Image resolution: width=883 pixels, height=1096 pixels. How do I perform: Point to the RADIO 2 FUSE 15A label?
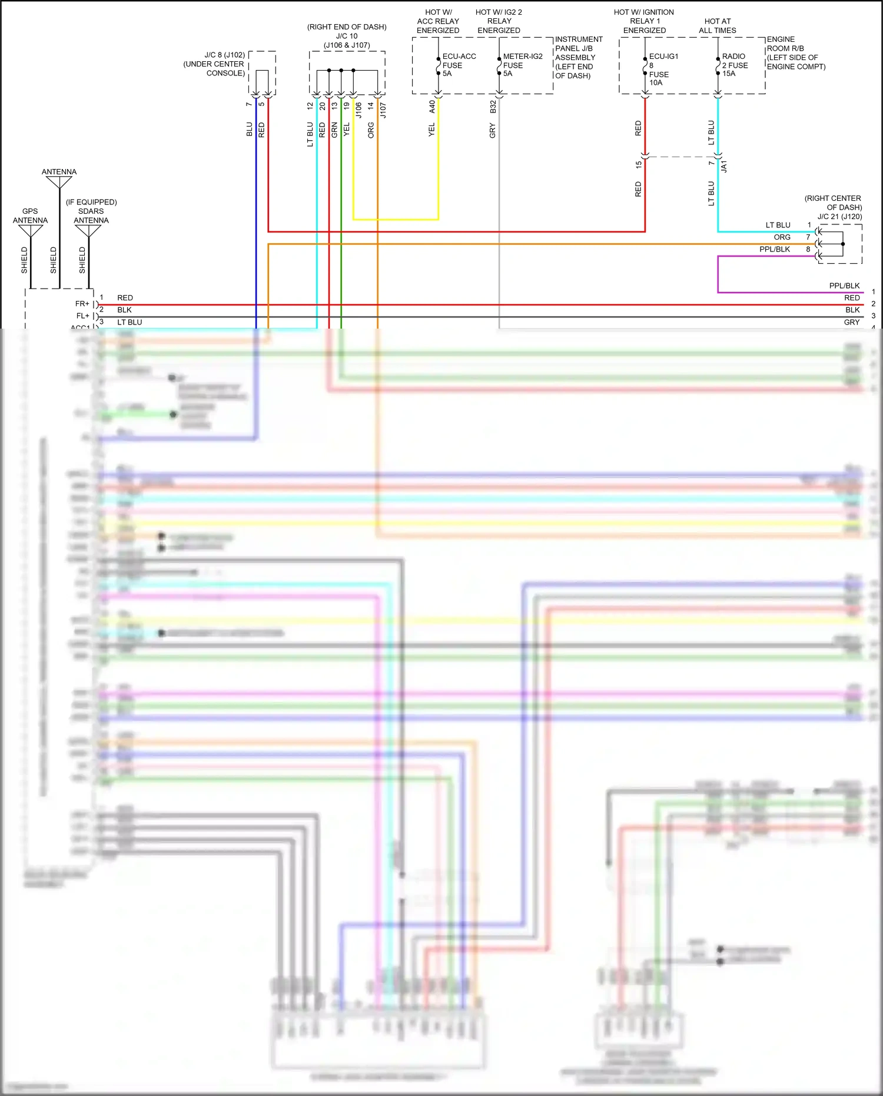(x=734, y=65)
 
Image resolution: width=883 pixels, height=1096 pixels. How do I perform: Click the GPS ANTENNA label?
(x=30, y=216)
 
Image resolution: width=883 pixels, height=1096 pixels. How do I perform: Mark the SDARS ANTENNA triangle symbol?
(x=88, y=231)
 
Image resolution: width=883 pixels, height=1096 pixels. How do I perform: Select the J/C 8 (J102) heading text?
(x=224, y=55)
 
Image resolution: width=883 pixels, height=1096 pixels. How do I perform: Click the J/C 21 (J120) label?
(x=839, y=217)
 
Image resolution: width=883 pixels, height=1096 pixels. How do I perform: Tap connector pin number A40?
(x=432, y=107)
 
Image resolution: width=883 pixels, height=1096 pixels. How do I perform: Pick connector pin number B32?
(x=493, y=107)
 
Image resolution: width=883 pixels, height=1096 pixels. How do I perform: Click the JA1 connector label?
(x=724, y=166)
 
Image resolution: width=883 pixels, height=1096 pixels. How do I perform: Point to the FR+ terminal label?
(x=82, y=304)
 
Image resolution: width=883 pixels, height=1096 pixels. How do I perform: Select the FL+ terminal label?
(x=82, y=316)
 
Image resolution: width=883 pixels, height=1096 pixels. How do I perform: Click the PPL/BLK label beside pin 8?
(x=774, y=249)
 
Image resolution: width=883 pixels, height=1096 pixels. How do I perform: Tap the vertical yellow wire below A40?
(x=438, y=165)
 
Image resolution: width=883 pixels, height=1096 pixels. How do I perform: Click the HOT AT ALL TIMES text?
(x=717, y=25)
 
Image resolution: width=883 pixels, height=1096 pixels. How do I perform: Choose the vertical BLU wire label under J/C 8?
(x=249, y=130)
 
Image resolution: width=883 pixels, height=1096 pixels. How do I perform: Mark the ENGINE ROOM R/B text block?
(x=795, y=53)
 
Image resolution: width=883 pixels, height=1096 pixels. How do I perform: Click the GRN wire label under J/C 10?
(x=334, y=130)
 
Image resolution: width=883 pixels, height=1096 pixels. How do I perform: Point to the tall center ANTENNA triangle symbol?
(x=59, y=182)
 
